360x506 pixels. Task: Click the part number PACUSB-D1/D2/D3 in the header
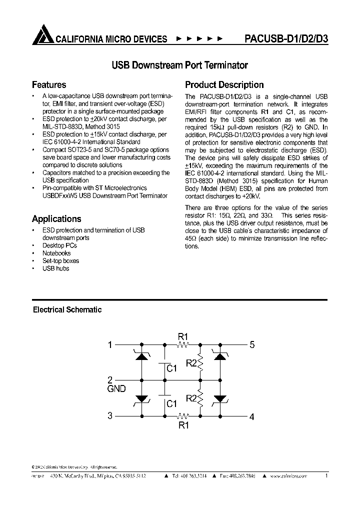(286, 38)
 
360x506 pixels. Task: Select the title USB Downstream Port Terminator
(179, 65)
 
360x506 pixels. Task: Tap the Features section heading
(49, 84)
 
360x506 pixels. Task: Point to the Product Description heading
(224, 84)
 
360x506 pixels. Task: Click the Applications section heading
(56, 218)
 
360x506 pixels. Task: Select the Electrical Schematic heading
(67, 309)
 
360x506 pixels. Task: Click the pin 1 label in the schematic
(110, 344)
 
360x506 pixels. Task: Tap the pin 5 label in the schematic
(252, 344)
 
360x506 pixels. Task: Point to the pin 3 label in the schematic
(110, 415)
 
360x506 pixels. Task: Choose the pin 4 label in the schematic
(252, 416)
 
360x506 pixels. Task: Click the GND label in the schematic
(116, 388)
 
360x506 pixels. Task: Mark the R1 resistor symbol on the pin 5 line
(183, 344)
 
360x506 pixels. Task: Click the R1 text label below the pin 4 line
(183, 425)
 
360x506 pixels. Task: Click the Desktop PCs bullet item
(60, 245)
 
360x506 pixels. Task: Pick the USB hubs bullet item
(55, 268)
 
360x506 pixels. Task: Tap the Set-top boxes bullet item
(60, 260)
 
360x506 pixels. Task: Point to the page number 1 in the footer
(326, 476)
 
